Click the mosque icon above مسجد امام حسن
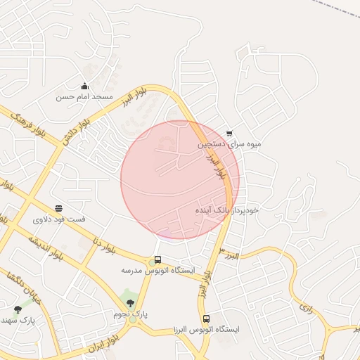[x=85, y=86]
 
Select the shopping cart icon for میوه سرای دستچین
[x=229, y=134]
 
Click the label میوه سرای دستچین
[x=229, y=144]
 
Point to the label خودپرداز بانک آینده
[x=227, y=210]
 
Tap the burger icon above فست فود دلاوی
[x=58, y=208]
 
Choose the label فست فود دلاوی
[x=59, y=219]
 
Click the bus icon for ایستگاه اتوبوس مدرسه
[x=157, y=259]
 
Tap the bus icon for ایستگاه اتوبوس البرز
[x=206, y=319]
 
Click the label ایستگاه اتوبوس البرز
[x=207, y=329]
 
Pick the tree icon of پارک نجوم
[x=130, y=303]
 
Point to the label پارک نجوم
[x=131, y=314]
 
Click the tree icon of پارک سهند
[x=18, y=309]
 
